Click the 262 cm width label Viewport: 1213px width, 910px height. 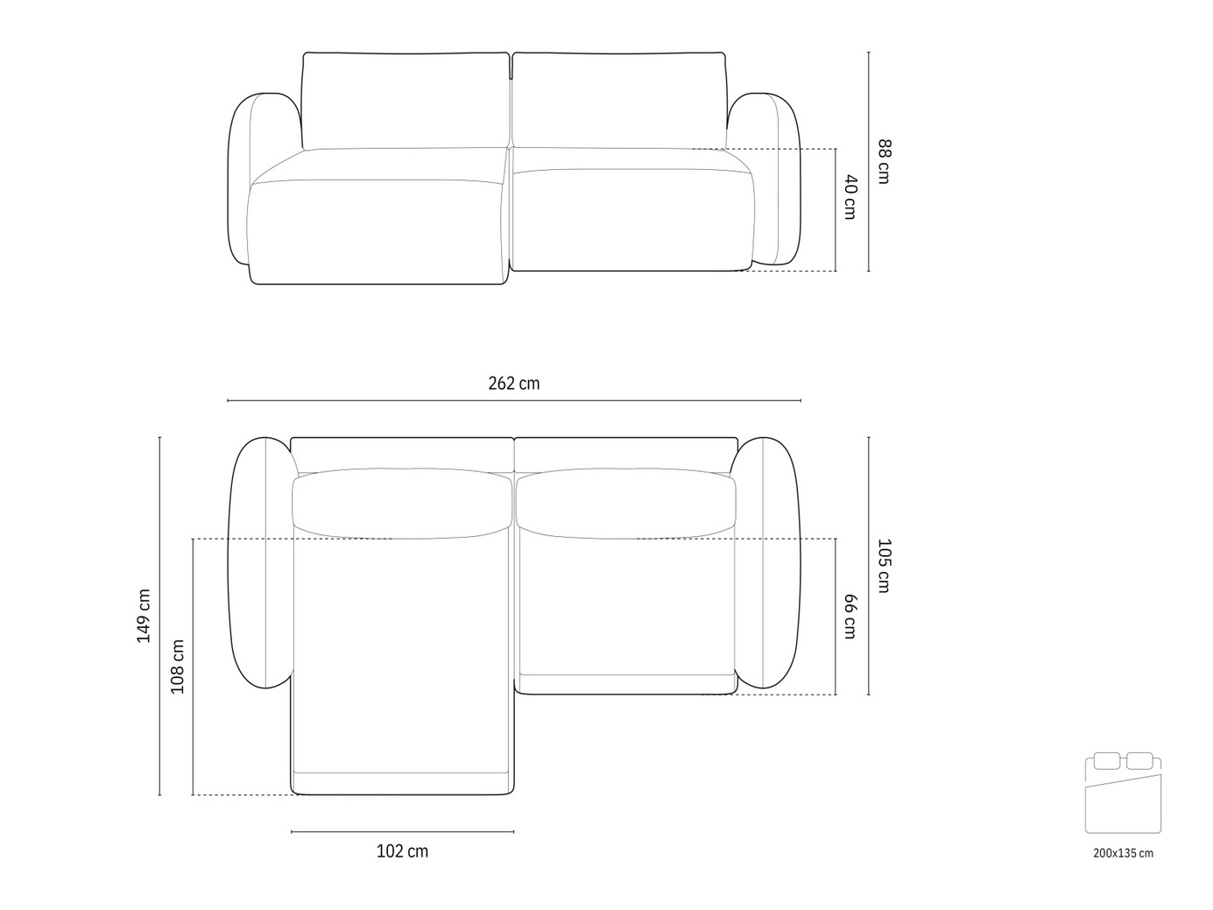pos(513,384)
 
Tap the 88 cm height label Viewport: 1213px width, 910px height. pos(885,161)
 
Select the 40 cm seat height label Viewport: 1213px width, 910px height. pos(850,197)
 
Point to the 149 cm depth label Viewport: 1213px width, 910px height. pos(144,616)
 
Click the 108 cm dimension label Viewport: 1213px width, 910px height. pos(178,667)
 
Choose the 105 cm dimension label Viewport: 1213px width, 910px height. pos(885,566)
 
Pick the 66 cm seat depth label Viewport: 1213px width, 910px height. pos(850,617)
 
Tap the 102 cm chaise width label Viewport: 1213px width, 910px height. pos(402,851)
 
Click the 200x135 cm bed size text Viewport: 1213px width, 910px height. pos(1123,853)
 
